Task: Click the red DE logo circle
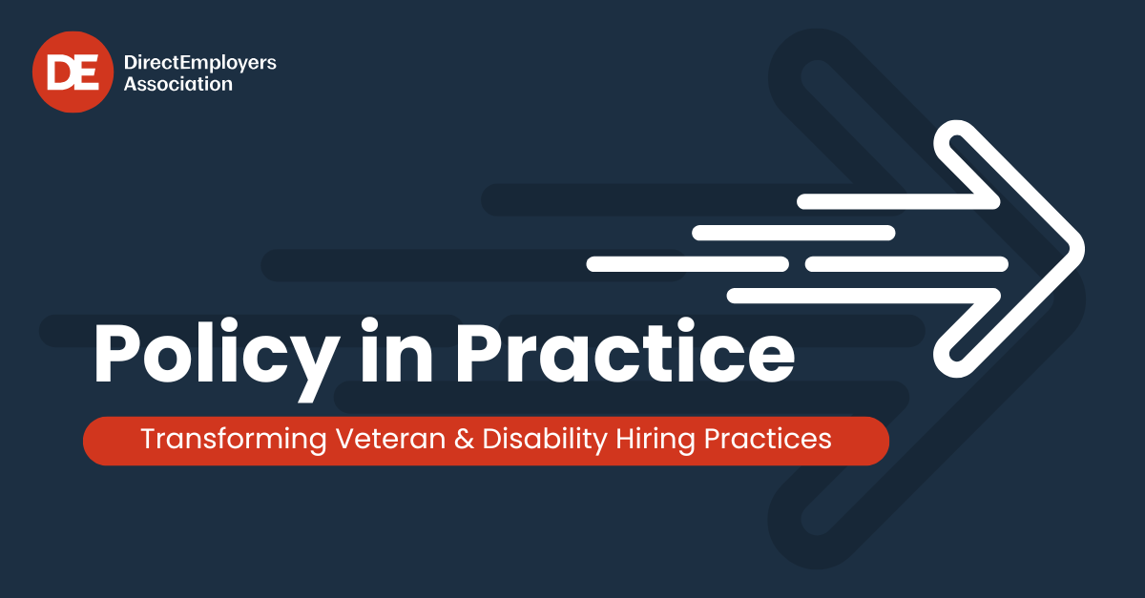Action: click(x=73, y=72)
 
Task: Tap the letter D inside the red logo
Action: click(x=61, y=72)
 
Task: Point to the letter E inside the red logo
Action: click(x=86, y=72)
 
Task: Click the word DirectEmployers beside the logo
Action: click(x=200, y=63)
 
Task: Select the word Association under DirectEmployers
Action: click(x=178, y=84)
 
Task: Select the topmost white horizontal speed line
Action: click(x=897, y=201)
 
